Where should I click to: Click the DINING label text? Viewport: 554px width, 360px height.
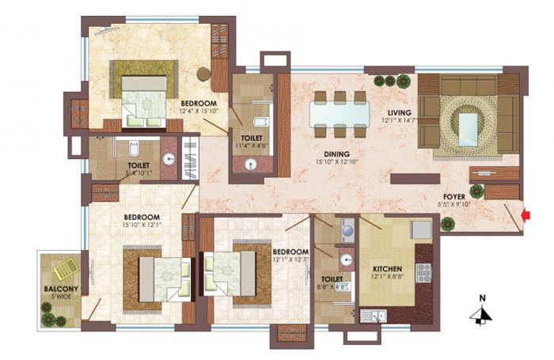pos(327,154)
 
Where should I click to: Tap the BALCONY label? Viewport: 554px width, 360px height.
pos(60,289)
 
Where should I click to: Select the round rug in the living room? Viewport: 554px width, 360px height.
pos(468,126)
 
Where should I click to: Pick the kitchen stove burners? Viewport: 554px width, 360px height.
pos(423,273)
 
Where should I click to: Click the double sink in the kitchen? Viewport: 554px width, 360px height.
pos(372,316)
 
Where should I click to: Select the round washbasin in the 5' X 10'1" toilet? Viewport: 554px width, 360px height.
pos(169,158)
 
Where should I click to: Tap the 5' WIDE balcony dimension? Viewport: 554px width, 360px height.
pos(60,297)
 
